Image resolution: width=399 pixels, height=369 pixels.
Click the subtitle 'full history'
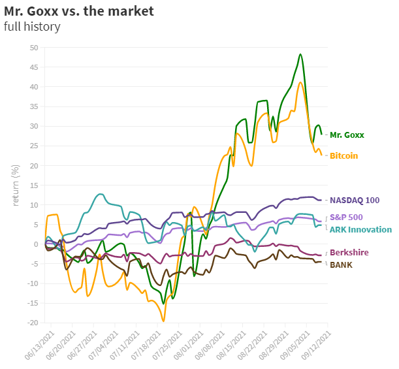32,27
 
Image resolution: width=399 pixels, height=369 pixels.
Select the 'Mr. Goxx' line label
347,135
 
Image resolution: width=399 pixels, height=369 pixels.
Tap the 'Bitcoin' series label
343,155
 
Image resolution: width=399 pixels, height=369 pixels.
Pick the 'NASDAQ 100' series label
356,200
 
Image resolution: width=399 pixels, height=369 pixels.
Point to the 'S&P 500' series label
346,217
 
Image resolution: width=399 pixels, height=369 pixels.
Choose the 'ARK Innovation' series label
360,229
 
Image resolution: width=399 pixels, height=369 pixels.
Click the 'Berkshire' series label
349,253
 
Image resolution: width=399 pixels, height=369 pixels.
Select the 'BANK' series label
341,265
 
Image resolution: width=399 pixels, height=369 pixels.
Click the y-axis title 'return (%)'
16,185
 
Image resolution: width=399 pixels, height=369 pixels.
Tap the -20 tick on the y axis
32,323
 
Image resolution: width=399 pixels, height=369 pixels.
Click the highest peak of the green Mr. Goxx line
300,54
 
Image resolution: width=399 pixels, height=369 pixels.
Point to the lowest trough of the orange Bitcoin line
163,321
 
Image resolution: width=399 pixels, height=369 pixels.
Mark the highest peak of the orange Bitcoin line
300,82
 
